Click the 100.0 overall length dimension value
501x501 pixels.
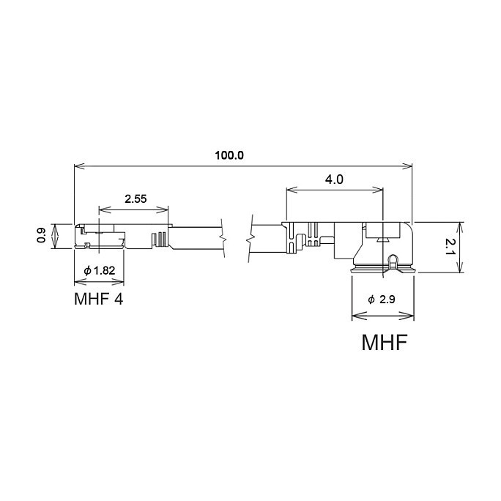point(229,155)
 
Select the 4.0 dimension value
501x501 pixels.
point(334,179)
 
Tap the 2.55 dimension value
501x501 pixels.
point(136,199)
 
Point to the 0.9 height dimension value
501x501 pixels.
point(41,235)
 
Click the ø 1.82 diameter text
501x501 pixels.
point(100,270)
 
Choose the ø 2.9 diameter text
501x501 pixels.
point(382,300)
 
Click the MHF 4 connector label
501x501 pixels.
point(98,299)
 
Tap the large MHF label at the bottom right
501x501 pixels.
point(385,342)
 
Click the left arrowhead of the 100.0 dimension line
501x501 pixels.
point(79,166)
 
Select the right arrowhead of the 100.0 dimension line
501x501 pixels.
point(407,166)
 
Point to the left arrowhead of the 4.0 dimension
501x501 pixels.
point(292,190)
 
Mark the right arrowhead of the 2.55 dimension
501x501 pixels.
point(163,209)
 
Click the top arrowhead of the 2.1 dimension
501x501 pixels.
point(460,228)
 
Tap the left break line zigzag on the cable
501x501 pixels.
point(223,238)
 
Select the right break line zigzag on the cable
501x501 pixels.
point(250,239)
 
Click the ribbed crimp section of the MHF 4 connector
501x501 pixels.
point(160,239)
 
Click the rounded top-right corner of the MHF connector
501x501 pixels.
point(408,227)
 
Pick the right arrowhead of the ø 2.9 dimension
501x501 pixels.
point(409,316)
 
